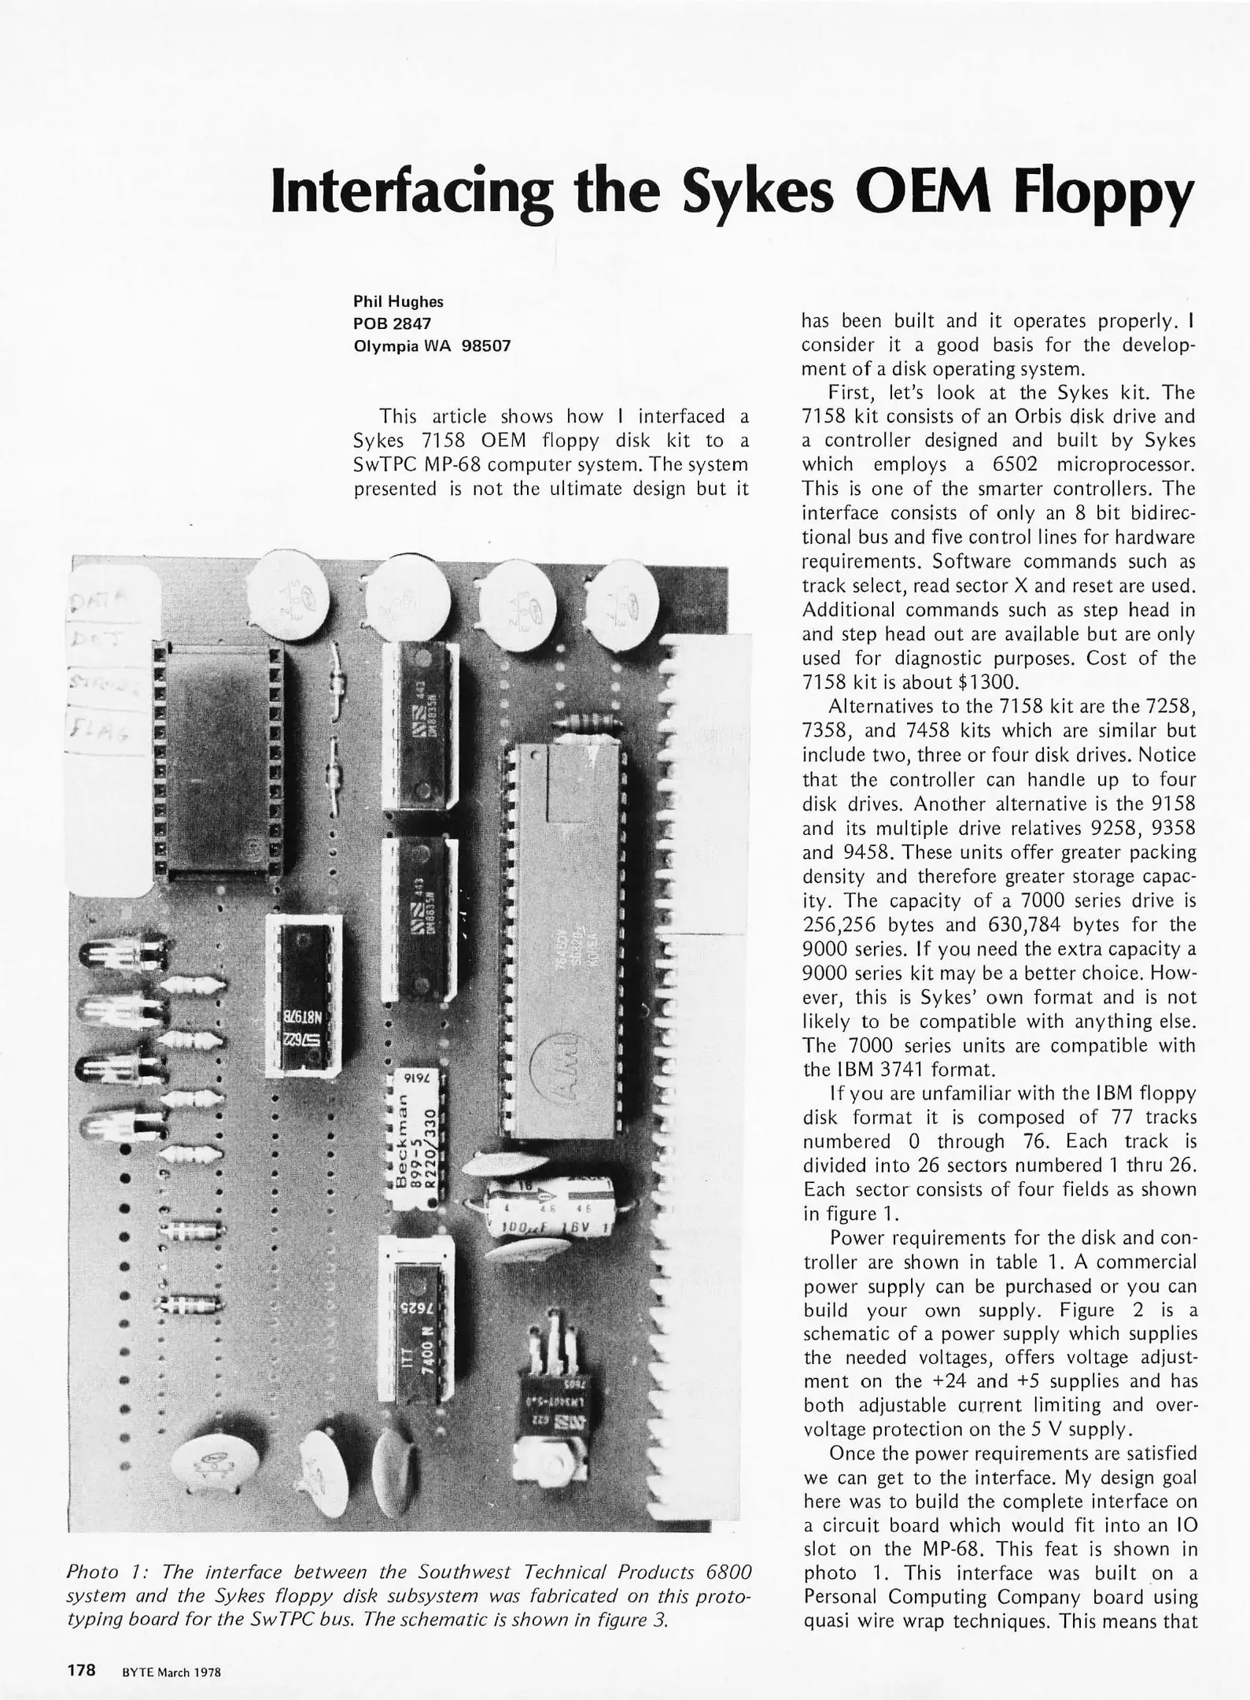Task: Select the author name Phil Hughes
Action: pos(398,301)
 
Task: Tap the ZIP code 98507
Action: pos(486,346)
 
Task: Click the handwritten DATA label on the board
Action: pos(105,604)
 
